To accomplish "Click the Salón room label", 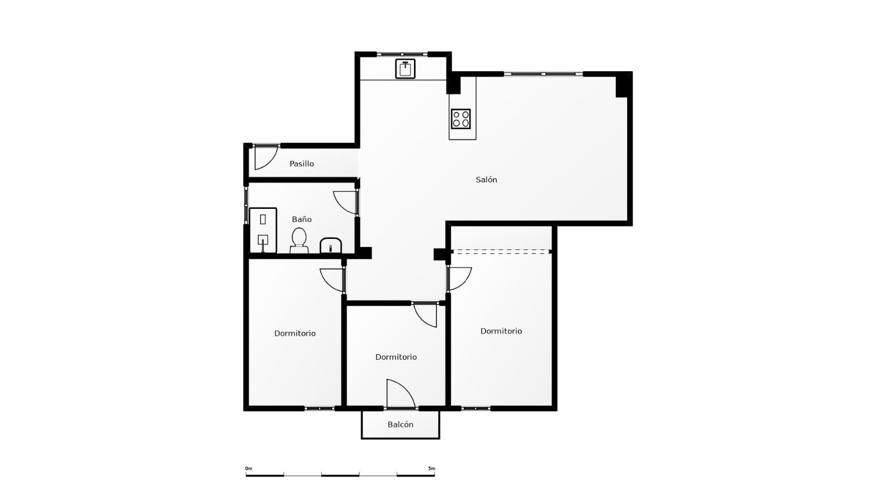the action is coord(486,180).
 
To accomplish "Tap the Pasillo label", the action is coord(302,163).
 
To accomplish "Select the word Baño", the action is coord(302,219).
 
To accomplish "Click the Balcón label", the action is coord(400,424).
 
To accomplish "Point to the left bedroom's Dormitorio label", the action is coord(294,333).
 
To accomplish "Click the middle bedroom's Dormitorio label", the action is coord(395,357).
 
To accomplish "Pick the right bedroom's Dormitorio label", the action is coord(501,331).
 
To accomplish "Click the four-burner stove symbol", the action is coord(461,119).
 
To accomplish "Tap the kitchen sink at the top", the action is coord(405,69).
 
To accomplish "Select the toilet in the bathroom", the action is coord(299,241).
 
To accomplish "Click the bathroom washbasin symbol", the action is coord(331,245).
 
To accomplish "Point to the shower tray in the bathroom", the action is coord(263,230).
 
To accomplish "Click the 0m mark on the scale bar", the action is coord(249,468).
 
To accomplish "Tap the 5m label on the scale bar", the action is coord(432,468).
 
